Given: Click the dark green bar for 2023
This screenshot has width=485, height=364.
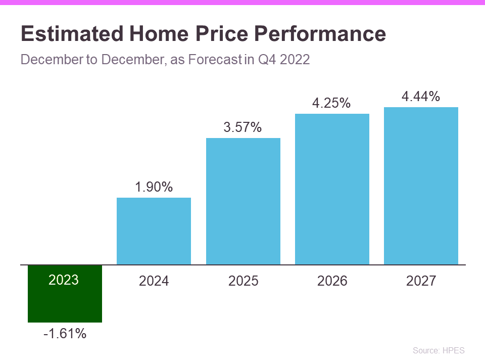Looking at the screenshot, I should tap(65, 303).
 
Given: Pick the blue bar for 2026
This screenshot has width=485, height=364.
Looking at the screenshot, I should tap(332, 189).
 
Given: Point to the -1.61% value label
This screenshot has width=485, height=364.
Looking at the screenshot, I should tap(65, 334).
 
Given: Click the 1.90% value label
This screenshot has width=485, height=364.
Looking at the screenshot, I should tap(154, 187).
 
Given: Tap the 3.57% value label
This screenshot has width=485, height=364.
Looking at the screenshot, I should tap(243, 127).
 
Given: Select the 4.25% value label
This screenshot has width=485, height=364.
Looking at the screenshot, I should tap(332, 103).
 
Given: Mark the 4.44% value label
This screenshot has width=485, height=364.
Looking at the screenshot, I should tap(421, 97).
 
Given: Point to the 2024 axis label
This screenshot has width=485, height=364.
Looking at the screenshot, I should tap(154, 281).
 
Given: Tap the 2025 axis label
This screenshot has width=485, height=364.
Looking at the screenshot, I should tap(243, 281).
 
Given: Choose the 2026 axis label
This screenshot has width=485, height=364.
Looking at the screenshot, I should tap(332, 281).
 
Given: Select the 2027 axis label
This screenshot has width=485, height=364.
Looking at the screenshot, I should tap(421, 281).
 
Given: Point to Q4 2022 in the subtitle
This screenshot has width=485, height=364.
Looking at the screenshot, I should tap(284, 60).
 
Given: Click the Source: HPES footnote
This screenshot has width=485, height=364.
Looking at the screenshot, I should tap(439, 350).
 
